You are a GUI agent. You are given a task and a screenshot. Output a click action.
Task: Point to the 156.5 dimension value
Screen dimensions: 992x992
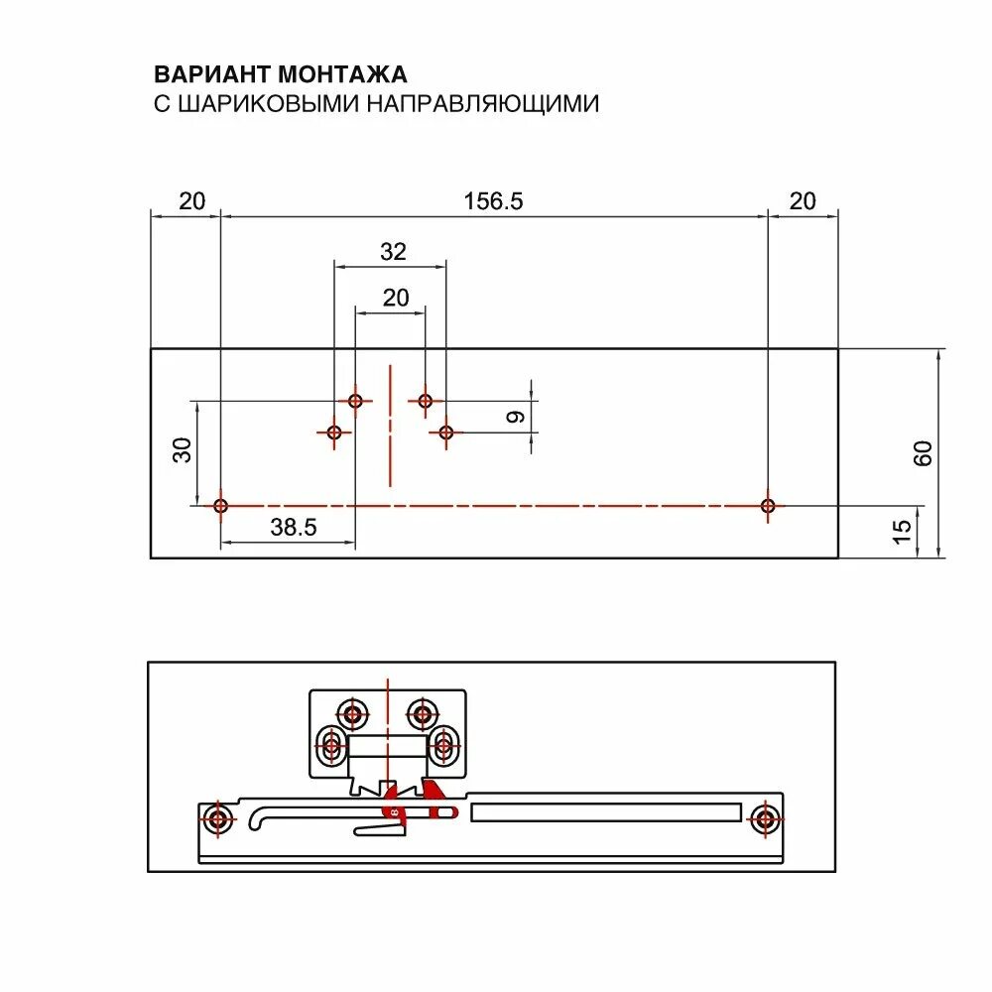tap(493, 200)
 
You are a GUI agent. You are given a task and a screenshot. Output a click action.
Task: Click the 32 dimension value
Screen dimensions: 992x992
tap(393, 252)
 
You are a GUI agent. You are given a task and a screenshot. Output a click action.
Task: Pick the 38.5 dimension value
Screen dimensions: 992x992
tap(293, 528)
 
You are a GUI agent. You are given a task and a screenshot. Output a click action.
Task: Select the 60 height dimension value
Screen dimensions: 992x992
tap(924, 453)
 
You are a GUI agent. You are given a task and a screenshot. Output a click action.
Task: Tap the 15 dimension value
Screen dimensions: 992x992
tap(902, 532)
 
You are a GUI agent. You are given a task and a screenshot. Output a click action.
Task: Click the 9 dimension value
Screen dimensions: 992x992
tap(516, 418)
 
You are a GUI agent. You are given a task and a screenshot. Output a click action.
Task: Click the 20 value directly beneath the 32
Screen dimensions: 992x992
tap(395, 298)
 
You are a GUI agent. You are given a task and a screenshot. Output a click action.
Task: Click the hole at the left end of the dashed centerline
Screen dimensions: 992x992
tap(221, 506)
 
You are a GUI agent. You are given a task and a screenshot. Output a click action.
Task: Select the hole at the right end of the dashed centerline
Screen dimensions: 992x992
tap(767, 506)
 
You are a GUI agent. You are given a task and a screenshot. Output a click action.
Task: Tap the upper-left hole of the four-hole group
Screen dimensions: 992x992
tap(355, 401)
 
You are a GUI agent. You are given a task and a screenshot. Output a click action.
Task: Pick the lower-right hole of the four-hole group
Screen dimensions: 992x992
tap(446, 433)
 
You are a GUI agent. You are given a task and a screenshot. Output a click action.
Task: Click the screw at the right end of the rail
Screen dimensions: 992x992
tap(764, 819)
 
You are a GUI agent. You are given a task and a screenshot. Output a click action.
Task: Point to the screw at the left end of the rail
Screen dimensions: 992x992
tap(217, 819)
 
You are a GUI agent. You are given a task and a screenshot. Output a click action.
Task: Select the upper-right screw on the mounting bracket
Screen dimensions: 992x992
tap(424, 713)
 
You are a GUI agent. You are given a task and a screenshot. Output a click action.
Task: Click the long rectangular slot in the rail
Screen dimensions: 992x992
tap(606, 812)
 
